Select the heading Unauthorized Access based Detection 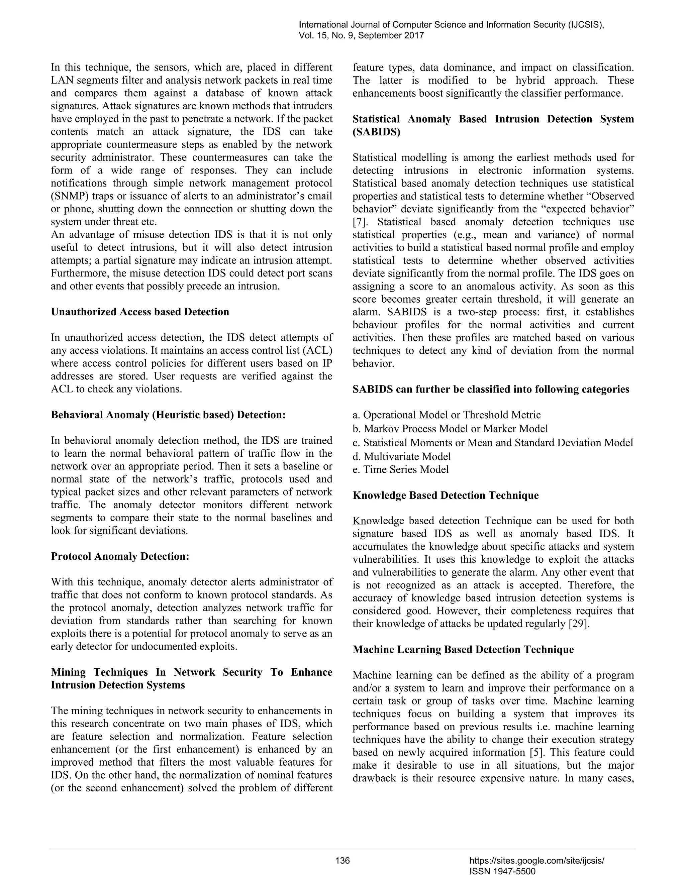point(140,312)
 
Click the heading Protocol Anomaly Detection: point(120,556)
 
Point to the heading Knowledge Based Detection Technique point(446,495)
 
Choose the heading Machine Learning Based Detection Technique point(463,650)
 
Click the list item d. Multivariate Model point(402,456)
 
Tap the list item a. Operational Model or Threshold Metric point(447,415)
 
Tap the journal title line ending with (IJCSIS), point(451,25)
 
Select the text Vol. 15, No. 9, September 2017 point(361,36)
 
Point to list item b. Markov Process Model point(450,429)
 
